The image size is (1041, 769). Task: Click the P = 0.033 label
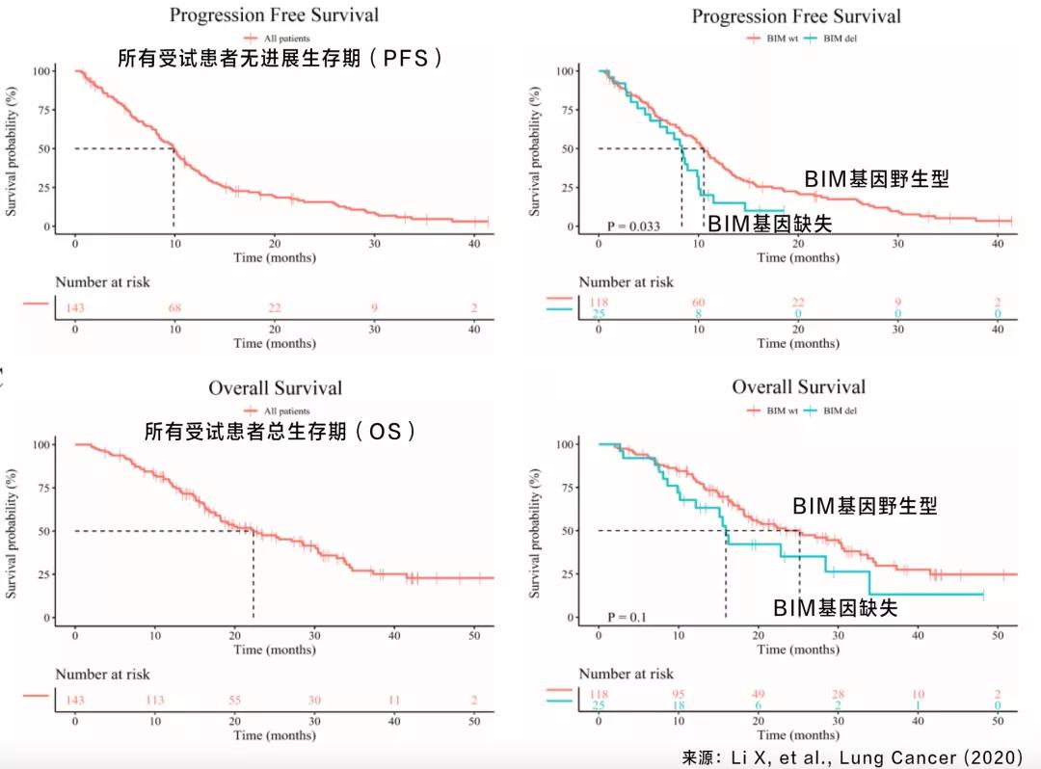(633, 226)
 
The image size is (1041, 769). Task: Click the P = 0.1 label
(625, 617)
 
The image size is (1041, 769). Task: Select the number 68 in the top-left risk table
(175, 307)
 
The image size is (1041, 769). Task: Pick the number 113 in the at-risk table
(154, 700)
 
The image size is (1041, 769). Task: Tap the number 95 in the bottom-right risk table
(679, 695)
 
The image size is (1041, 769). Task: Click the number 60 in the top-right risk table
(698, 303)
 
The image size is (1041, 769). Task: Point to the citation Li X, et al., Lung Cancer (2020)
(854, 757)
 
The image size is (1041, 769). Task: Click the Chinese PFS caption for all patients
(280, 58)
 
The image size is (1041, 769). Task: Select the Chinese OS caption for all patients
(280, 432)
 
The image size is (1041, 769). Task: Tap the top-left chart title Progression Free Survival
(274, 14)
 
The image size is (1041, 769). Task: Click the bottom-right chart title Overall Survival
(798, 386)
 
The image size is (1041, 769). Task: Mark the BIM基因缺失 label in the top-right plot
(770, 225)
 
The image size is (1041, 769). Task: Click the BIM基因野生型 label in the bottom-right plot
(865, 506)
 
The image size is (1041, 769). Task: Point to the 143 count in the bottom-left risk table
(75, 700)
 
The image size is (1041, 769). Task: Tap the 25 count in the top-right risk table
(599, 314)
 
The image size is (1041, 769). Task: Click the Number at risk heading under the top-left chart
(102, 282)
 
